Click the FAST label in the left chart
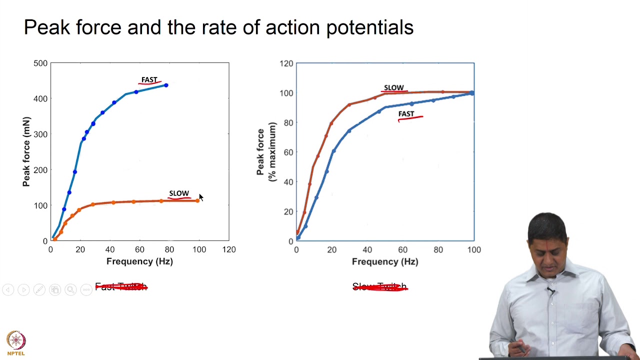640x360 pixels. (149, 80)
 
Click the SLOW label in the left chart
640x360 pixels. (179, 193)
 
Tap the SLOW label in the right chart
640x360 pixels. (393, 88)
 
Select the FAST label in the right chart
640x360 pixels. (406, 114)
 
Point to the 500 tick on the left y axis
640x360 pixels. (40, 63)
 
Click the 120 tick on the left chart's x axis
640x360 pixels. (229, 249)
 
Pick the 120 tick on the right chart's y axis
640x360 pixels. (286, 63)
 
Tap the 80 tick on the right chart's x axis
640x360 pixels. (438, 249)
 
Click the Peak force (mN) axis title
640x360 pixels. (26, 152)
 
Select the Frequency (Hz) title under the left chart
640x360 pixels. (139, 261)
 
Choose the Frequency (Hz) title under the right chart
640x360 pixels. (385, 261)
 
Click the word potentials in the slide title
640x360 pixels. (369, 28)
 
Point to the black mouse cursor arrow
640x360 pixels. (200, 197)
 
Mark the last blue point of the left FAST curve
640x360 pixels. (166, 85)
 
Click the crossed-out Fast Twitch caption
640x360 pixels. (121, 287)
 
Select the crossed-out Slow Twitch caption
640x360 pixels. (380, 287)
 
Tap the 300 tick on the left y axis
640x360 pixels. (40, 134)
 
